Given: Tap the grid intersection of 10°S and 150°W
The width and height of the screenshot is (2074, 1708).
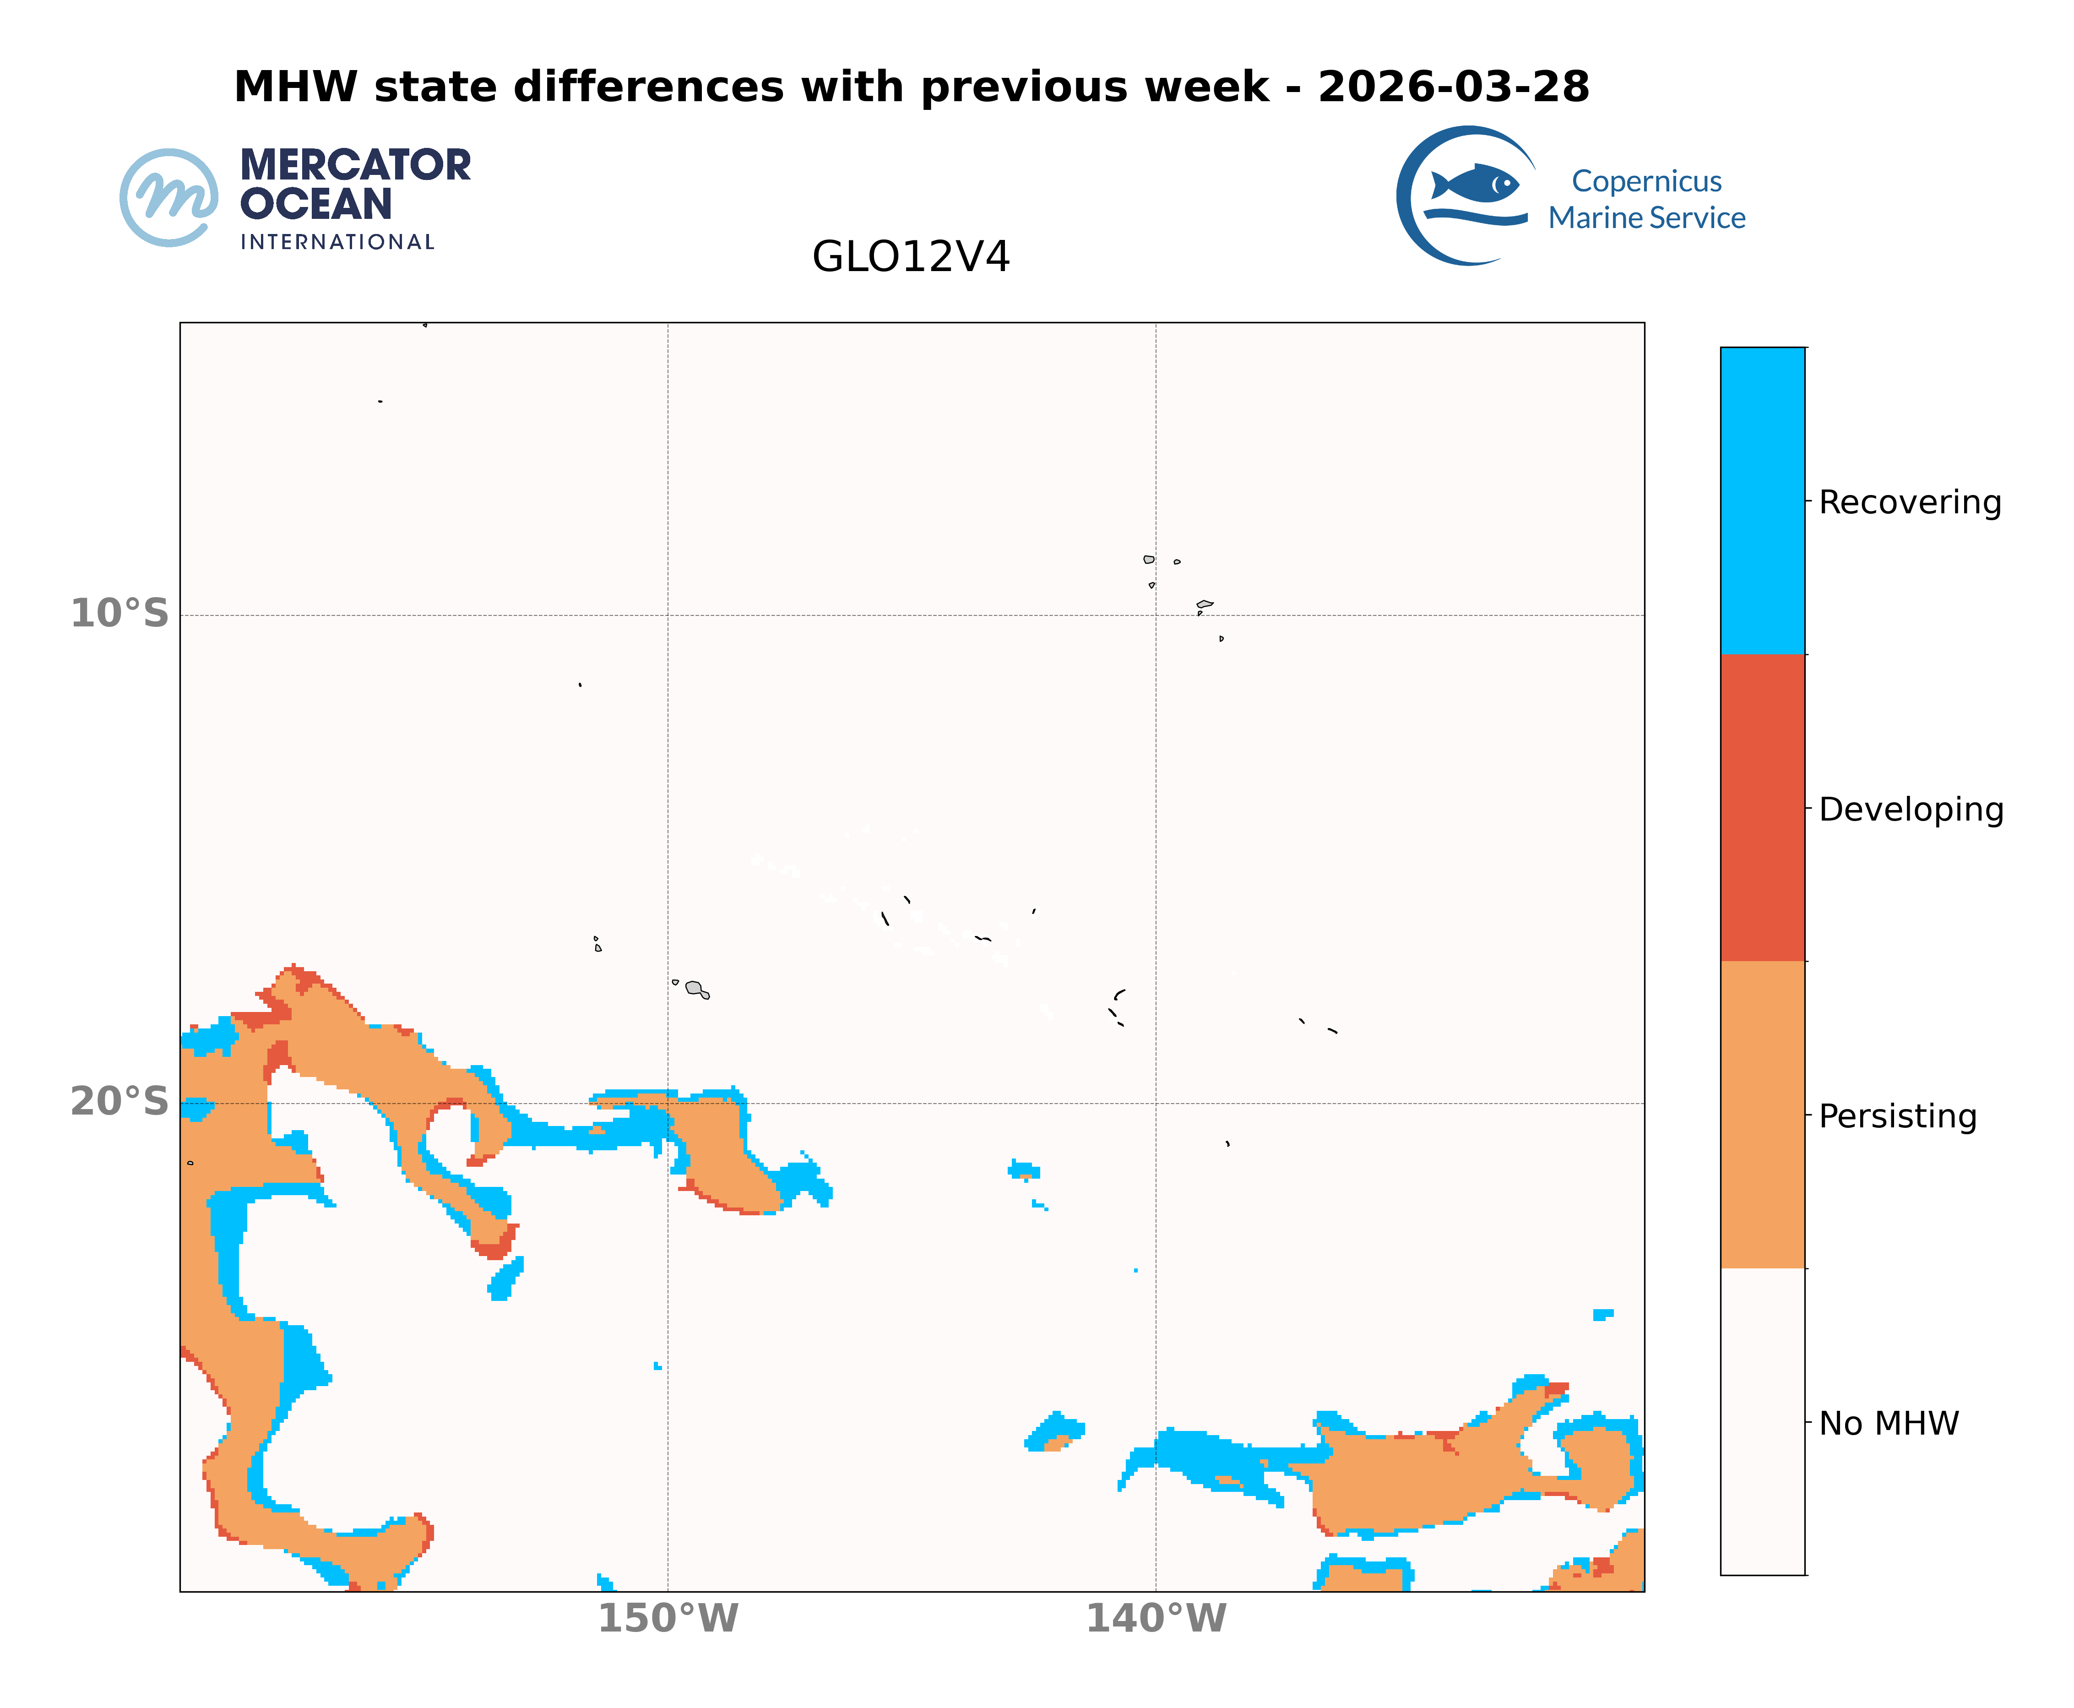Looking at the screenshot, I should (x=668, y=616).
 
